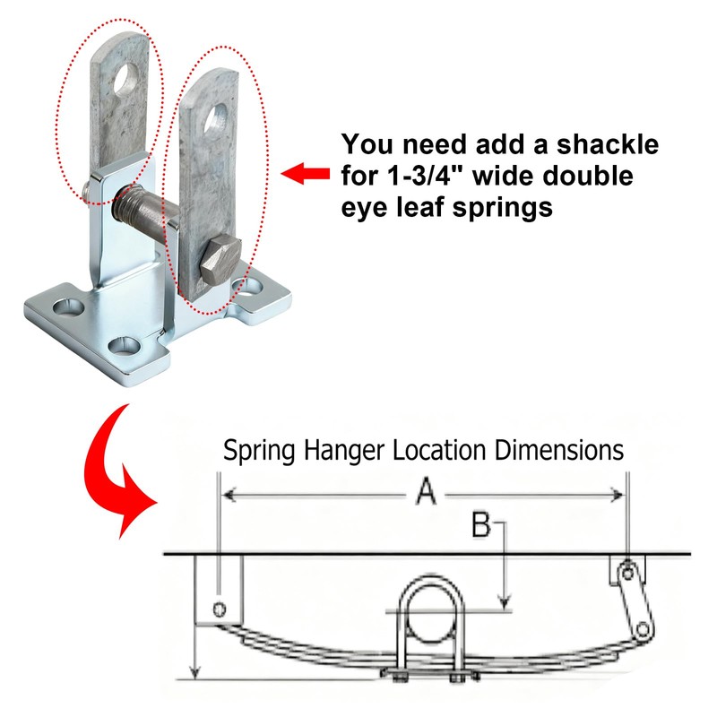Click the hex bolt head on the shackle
coord(220,260)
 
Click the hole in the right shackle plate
coord(216,117)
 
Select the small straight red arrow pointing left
coord(305,174)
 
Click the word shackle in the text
coord(608,144)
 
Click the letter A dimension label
coord(426,491)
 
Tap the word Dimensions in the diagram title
coord(558,450)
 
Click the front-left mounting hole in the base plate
coord(69,307)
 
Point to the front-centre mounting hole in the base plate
coord(124,346)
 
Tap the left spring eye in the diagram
coord(220,609)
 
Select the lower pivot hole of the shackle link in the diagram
coord(642,630)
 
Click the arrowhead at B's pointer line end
coord(505,604)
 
